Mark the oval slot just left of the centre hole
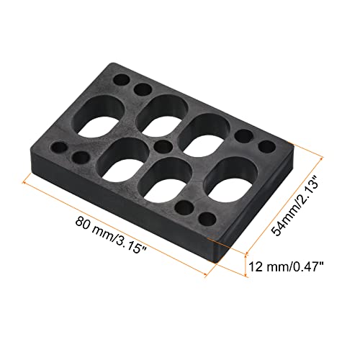pyautogui.click(x=126, y=159)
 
